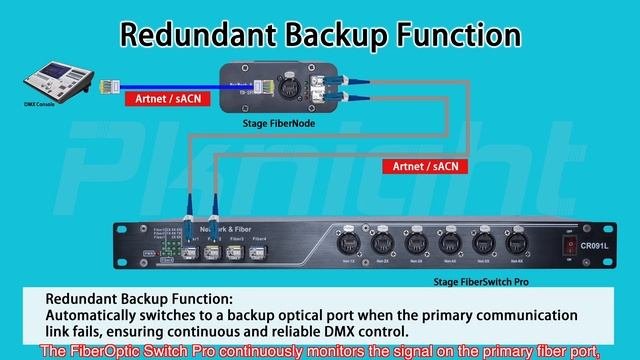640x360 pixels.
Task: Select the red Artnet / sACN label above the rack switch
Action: point(425,166)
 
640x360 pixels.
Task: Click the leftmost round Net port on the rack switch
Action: point(346,243)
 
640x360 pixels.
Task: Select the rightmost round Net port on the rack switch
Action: point(517,243)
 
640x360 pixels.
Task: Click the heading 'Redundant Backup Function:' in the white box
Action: point(139,299)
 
